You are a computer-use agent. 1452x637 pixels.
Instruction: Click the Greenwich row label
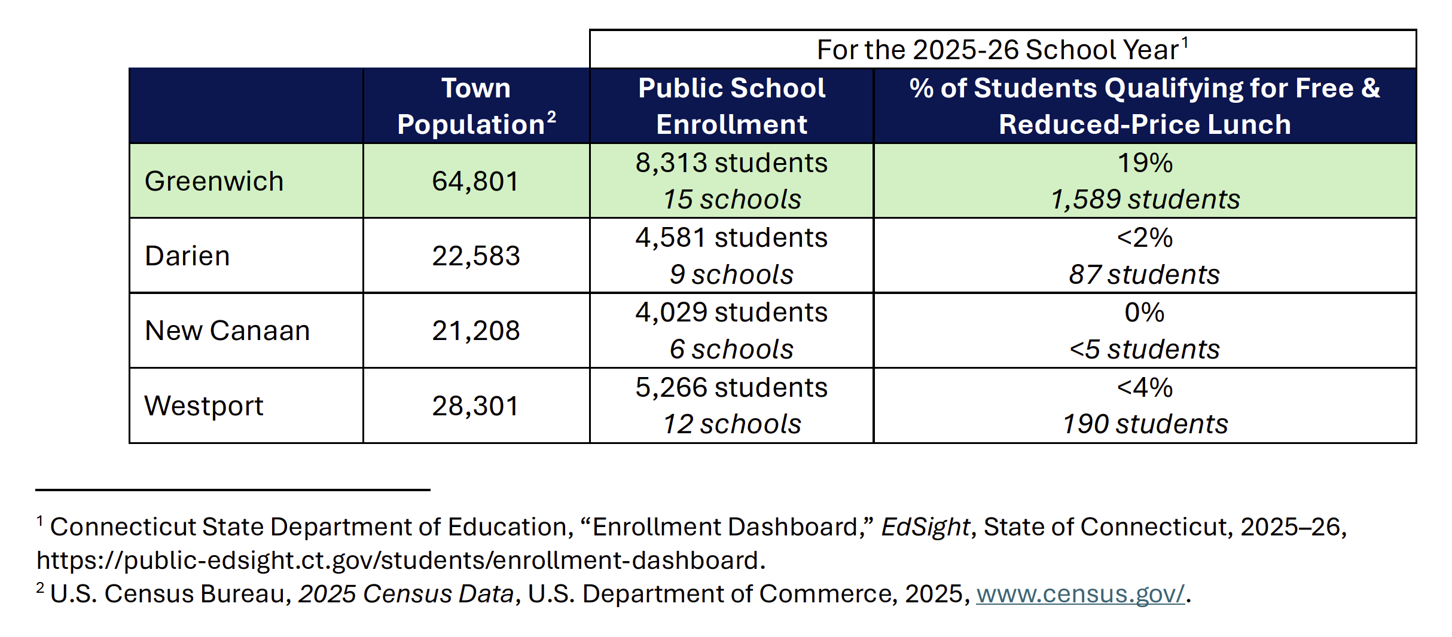pyautogui.click(x=214, y=181)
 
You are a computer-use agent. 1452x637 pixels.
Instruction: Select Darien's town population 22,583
pyautogui.click(x=476, y=256)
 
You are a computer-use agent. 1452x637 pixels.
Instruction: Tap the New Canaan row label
pyautogui.click(x=227, y=330)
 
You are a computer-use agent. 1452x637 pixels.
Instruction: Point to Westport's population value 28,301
pyautogui.click(x=475, y=406)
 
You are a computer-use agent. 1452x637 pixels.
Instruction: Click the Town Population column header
pyautogui.click(x=477, y=106)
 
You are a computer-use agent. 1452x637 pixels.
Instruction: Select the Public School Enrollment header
pyautogui.click(x=731, y=106)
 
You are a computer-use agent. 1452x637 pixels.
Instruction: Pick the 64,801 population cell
pyautogui.click(x=475, y=181)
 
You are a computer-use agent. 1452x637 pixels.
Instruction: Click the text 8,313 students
pyautogui.click(x=731, y=163)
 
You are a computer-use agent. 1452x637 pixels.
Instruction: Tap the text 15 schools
pyautogui.click(x=732, y=200)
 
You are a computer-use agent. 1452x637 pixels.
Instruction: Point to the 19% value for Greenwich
pyautogui.click(x=1145, y=163)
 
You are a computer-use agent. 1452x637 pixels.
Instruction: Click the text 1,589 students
pyautogui.click(x=1145, y=200)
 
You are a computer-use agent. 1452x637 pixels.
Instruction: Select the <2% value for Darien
pyautogui.click(x=1145, y=238)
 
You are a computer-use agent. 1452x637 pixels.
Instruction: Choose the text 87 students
pyautogui.click(x=1145, y=275)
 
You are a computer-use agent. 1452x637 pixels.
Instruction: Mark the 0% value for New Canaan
pyautogui.click(x=1145, y=313)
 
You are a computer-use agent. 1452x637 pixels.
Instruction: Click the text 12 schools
pyautogui.click(x=732, y=424)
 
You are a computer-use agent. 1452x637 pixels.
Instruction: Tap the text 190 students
pyautogui.click(x=1145, y=424)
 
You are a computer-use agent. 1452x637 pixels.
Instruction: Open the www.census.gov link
pyautogui.click(x=1080, y=593)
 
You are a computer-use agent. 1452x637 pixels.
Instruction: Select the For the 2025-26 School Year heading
pyautogui.click(x=1002, y=49)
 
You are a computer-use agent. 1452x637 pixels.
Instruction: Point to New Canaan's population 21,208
pyautogui.click(x=476, y=330)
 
